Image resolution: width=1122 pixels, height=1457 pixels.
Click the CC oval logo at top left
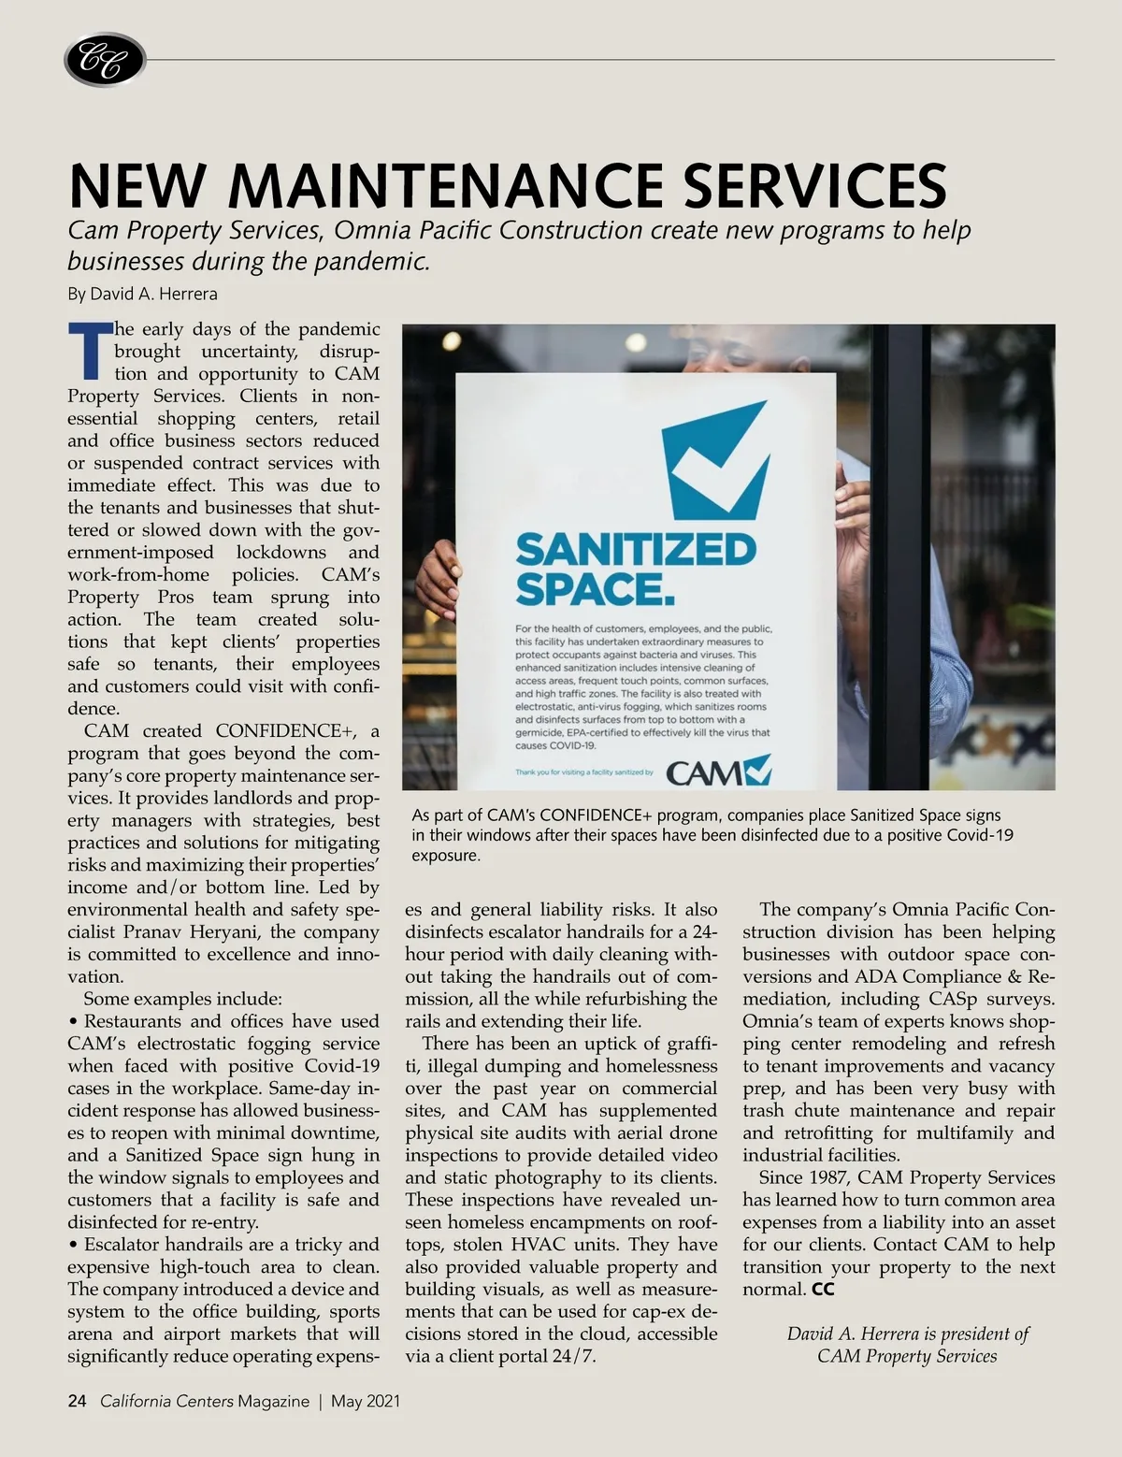pyautogui.click(x=104, y=61)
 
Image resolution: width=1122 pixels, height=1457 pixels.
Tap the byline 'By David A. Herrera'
pyautogui.click(x=142, y=294)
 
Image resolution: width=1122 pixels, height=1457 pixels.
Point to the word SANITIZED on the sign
pyautogui.click(x=635, y=550)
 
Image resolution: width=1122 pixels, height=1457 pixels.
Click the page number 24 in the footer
pyautogui.click(x=77, y=1401)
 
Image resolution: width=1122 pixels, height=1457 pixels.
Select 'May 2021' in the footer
pyautogui.click(x=366, y=1401)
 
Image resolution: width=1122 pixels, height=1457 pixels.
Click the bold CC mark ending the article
pyautogui.click(x=823, y=1290)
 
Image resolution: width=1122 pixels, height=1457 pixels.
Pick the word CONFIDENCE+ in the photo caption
pyautogui.click(x=596, y=815)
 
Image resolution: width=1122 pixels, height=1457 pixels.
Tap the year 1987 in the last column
pyautogui.click(x=824, y=1177)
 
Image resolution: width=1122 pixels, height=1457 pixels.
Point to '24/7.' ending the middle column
pyautogui.click(x=570, y=1356)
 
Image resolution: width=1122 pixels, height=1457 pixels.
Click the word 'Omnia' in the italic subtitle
pyautogui.click(x=378, y=230)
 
